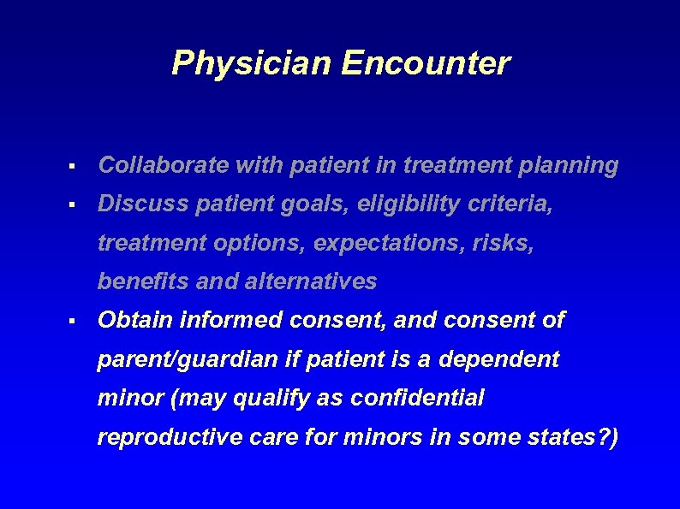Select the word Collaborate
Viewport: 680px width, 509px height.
click(150, 166)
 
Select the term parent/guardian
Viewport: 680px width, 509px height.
click(187, 359)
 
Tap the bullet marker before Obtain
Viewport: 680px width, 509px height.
click(75, 322)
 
